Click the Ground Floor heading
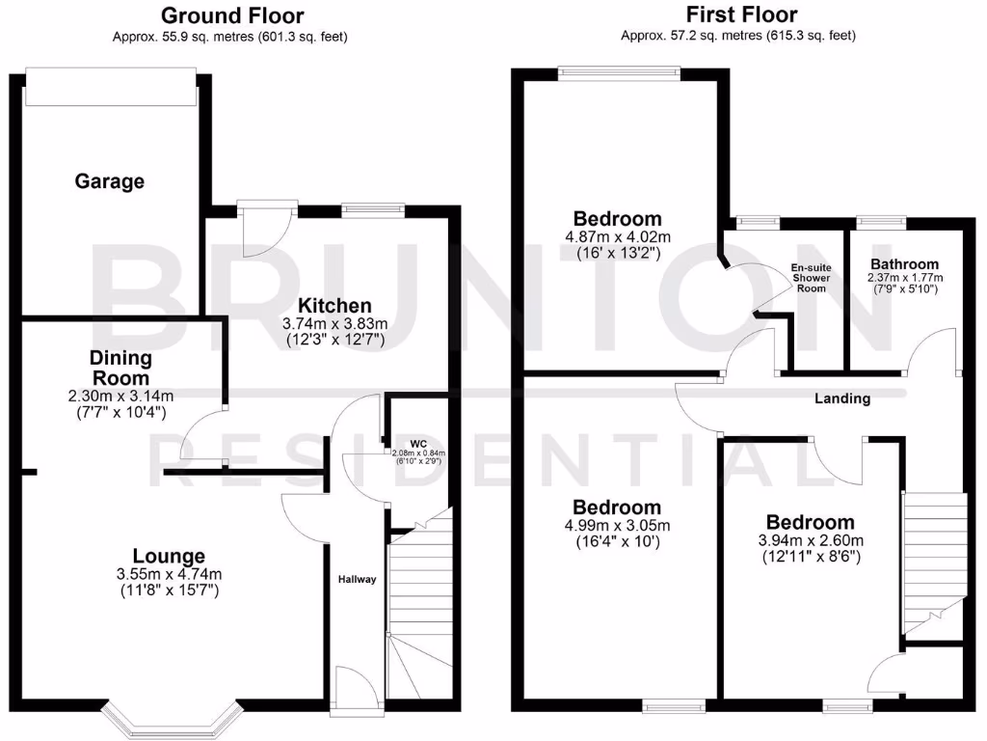point(232,15)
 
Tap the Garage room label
point(110,181)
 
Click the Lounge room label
point(169,556)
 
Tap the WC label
point(417,444)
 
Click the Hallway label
point(357,579)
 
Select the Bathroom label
point(904,264)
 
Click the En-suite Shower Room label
point(812,278)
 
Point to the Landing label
point(842,398)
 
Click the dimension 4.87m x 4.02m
point(618,237)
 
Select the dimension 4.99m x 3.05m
point(618,526)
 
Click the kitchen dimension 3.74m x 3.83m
point(334,323)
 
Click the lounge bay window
point(170,719)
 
